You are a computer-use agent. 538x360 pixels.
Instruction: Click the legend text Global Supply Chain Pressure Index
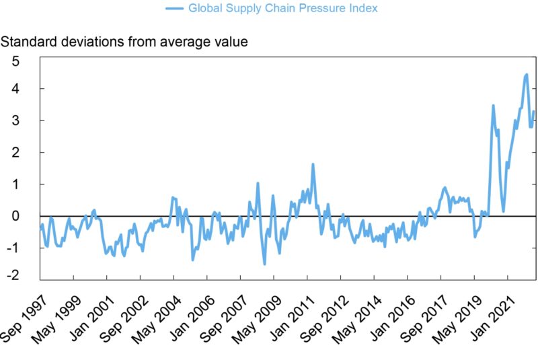coord(282,9)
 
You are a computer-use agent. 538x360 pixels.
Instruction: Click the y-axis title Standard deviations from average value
coord(124,42)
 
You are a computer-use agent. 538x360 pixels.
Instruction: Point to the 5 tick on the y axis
coord(15,61)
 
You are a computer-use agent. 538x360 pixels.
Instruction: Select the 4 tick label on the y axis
coord(15,89)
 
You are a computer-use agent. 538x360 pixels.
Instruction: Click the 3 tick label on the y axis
coord(15,121)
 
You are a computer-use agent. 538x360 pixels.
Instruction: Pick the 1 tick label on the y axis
coord(15,184)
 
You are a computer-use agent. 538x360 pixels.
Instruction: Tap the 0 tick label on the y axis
coord(15,216)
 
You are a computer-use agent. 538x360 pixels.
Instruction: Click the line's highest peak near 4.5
coord(526,74)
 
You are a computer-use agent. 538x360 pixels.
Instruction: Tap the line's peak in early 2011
coord(313,164)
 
